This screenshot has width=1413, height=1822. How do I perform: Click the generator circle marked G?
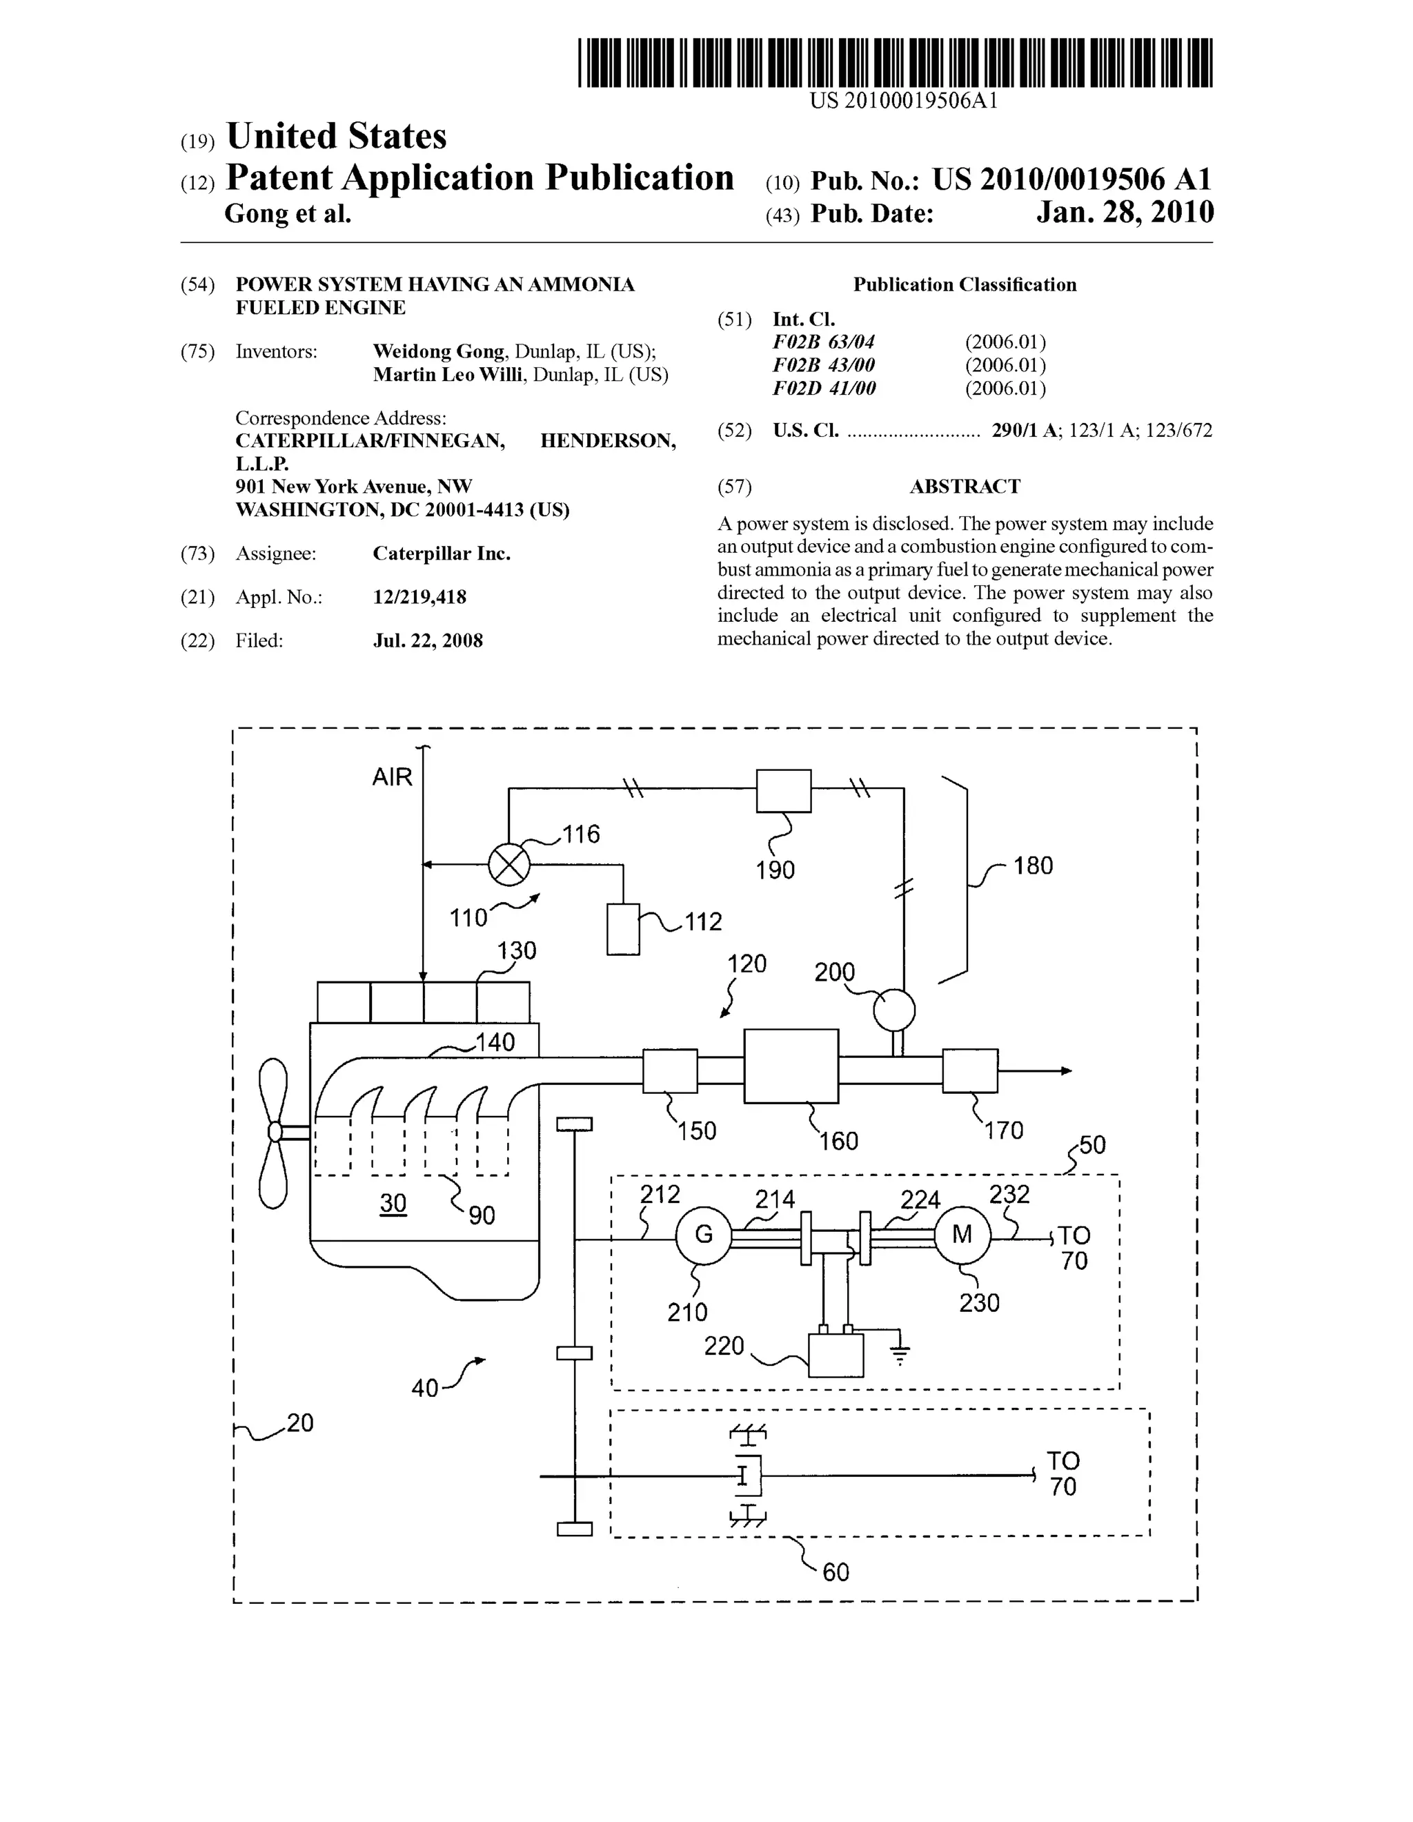click(x=703, y=1235)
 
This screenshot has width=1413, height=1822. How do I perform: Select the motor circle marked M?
click(x=962, y=1235)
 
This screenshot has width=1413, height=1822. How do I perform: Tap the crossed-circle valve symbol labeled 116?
click(x=508, y=864)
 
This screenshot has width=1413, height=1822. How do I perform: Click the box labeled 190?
click(x=783, y=790)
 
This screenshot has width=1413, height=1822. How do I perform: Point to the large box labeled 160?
click(x=791, y=1066)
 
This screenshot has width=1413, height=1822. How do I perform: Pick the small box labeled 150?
click(x=670, y=1070)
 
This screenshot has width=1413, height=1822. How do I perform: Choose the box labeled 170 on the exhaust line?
click(x=970, y=1070)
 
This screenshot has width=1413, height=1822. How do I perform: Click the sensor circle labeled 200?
click(x=894, y=1010)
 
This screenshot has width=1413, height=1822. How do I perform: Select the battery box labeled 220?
click(x=836, y=1355)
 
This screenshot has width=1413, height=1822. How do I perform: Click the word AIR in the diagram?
click(x=392, y=778)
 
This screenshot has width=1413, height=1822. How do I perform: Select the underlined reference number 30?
click(x=393, y=1202)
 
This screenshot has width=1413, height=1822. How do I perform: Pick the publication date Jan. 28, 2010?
click(x=1125, y=213)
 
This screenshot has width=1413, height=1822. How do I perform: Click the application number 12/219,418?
click(x=419, y=597)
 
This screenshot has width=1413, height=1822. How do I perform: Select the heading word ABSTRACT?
click(x=965, y=487)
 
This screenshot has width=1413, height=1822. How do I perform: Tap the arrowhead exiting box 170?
click(x=1066, y=1070)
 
